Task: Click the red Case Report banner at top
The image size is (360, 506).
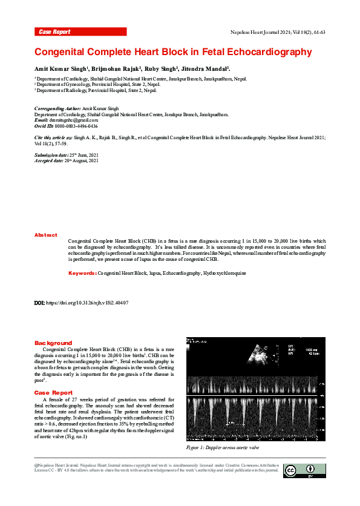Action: click(x=80, y=31)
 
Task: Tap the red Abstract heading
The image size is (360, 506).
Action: click(x=46, y=235)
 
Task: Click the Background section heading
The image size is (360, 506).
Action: click(x=53, y=343)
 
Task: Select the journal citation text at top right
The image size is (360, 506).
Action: click(x=278, y=31)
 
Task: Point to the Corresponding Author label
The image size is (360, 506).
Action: click(x=57, y=108)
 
